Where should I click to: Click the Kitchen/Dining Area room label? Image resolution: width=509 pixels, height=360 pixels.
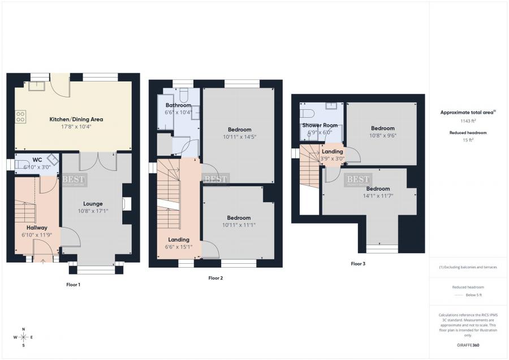76,119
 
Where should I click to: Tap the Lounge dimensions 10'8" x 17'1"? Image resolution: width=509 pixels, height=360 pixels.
92,211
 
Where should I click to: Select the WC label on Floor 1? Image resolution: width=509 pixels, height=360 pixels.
37,160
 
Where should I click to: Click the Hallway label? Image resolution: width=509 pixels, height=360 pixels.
37,228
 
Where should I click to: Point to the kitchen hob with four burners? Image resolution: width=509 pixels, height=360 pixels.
21,117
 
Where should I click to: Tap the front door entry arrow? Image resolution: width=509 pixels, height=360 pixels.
43,261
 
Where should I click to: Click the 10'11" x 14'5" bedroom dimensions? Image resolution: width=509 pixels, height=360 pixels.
240,136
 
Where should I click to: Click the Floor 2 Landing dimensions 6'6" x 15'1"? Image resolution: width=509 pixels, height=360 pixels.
178,247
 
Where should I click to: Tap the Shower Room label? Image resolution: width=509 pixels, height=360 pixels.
320,125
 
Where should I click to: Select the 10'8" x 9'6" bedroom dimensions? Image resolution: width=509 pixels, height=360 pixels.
382,136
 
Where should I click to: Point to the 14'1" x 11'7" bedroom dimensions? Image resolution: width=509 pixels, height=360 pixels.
378,196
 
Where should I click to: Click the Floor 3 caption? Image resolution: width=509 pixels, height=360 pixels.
358,264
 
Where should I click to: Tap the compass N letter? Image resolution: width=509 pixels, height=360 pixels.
23,329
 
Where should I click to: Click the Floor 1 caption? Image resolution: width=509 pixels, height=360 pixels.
73,284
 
